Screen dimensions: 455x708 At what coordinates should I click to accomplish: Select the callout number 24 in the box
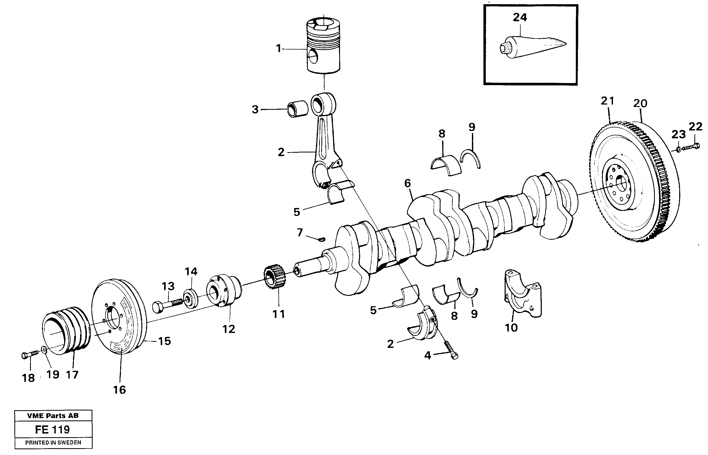point(520,18)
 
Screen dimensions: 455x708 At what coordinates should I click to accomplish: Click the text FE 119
point(53,429)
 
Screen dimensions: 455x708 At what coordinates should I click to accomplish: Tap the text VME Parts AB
point(53,416)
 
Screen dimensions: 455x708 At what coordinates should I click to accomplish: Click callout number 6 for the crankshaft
point(407,183)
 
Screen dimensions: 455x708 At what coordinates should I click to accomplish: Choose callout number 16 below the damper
point(119,390)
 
